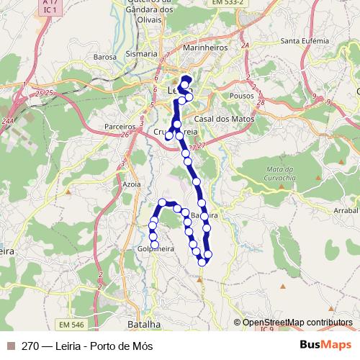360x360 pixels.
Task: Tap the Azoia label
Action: pyautogui.click(x=132, y=184)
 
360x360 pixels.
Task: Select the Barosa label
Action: pyautogui.click(x=106, y=56)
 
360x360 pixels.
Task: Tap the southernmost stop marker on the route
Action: pyautogui.click(x=202, y=261)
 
